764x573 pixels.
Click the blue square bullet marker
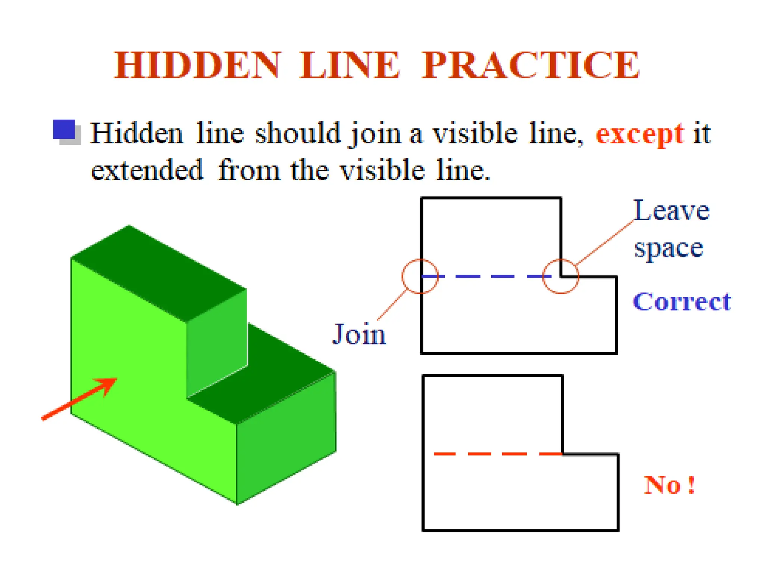coord(64,129)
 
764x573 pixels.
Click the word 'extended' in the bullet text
coord(147,170)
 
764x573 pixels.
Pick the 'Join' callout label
coord(359,334)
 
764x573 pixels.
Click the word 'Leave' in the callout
coord(671,211)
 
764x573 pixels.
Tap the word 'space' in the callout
coord(669,248)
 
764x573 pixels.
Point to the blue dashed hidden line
coord(485,276)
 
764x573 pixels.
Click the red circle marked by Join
coord(420,276)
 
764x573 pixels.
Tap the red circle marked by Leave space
coord(561,276)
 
